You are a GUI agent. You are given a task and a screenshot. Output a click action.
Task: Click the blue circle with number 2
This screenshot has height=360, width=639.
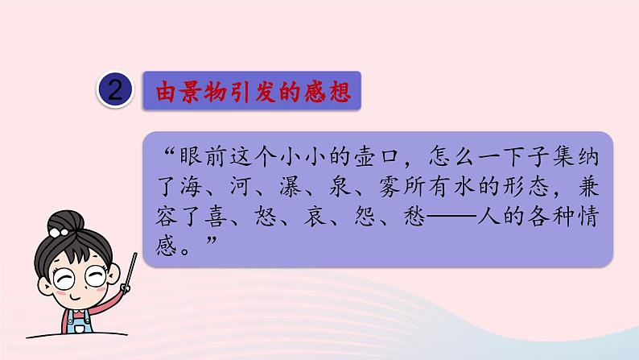(117, 91)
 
